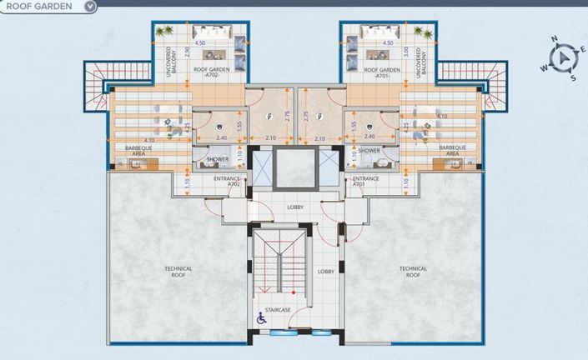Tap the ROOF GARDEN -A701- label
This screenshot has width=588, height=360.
pos(382,73)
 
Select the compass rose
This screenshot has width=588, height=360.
pos(564,59)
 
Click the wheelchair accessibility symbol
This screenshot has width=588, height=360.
pos(260,318)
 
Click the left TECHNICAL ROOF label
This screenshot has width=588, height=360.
pos(178,271)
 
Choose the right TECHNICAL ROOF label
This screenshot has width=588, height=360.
pos(413,271)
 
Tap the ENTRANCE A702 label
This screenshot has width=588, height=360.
pos(227,181)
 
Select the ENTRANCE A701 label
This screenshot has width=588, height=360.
pos(365,181)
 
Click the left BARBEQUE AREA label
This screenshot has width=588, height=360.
pos(138,151)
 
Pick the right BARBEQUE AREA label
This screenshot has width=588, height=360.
pos(451,151)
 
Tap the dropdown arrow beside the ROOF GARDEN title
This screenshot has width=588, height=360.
pos(90,6)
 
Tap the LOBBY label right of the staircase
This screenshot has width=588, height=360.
pos(326,272)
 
